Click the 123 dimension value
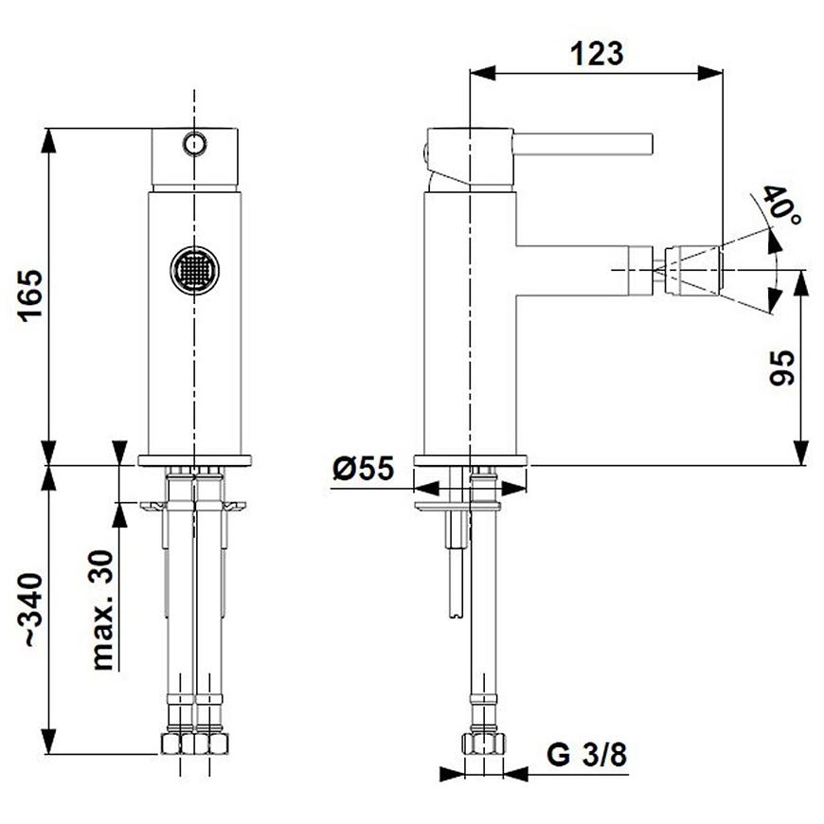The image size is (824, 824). pyautogui.click(x=597, y=54)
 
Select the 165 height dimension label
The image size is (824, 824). pyautogui.click(x=30, y=296)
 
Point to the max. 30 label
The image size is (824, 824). pyautogui.click(x=102, y=610)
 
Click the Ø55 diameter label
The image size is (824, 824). pyautogui.click(x=364, y=468)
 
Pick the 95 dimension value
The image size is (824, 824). pyautogui.click(x=782, y=367)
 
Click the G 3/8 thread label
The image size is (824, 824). pyautogui.click(x=587, y=755)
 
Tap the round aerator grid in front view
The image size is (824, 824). pyautogui.click(x=194, y=270)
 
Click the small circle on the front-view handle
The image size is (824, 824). pyautogui.click(x=194, y=143)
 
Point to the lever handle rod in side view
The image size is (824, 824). pyautogui.click(x=582, y=144)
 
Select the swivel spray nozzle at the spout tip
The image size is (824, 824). pyautogui.click(x=692, y=270)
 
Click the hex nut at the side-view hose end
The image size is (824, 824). pyautogui.click(x=483, y=743)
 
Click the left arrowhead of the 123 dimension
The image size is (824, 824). pyautogui.click(x=482, y=73)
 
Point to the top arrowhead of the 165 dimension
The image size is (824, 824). pyautogui.click(x=48, y=140)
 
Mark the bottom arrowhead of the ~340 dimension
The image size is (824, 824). pyautogui.click(x=48, y=742)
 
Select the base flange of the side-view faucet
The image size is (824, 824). pyautogui.click(x=470, y=460)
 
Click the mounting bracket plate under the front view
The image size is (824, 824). pyautogui.click(x=193, y=506)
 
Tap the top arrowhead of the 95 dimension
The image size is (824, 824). pyautogui.click(x=800, y=283)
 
